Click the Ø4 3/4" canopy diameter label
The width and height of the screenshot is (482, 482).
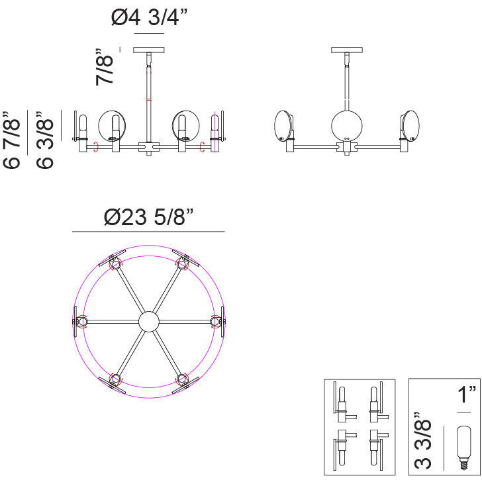point(149,17)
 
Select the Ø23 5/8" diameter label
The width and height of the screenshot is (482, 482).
point(149,217)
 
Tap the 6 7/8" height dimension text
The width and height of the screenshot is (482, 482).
point(12,140)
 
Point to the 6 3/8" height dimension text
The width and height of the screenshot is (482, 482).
point(45,140)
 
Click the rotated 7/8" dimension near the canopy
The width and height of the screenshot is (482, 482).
point(105,67)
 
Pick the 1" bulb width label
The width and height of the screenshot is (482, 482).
point(466,395)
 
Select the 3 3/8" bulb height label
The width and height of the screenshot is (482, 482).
point(423,440)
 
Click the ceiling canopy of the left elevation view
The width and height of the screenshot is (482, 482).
point(149,50)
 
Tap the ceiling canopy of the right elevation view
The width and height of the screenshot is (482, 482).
point(347,50)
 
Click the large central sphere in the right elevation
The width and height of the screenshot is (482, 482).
point(347,126)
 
